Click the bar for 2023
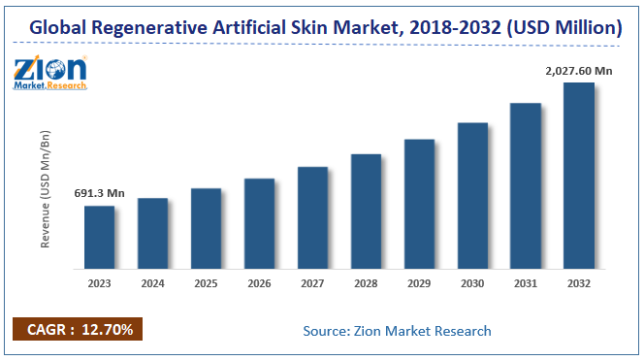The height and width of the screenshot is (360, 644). pyautogui.click(x=99, y=238)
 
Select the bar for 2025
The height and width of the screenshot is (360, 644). pyautogui.click(x=206, y=229)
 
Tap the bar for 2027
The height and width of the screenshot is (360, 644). pyautogui.click(x=312, y=218)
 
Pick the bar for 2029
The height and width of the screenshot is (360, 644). pyautogui.click(x=419, y=204)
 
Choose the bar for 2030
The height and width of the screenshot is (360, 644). pyautogui.click(x=472, y=196)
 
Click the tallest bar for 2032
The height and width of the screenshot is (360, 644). pyautogui.click(x=579, y=176)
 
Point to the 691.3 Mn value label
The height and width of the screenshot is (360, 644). pyautogui.click(x=100, y=194)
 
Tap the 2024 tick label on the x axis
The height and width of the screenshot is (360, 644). pyautogui.click(x=153, y=283)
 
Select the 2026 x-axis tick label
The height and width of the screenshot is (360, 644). pyautogui.click(x=260, y=283)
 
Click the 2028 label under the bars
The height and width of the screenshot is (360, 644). pyautogui.click(x=367, y=283)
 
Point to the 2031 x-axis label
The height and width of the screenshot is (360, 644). pyautogui.click(x=526, y=283)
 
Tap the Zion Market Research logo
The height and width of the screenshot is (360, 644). pyautogui.click(x=49, y=73)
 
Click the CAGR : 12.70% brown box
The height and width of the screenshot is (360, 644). pyautogui.click(x=79, y=330)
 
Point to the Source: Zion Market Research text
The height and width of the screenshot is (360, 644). pyautogui.click(x=397, y=331)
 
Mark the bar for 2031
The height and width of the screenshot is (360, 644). pyautogui.click(x=526, y=186)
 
